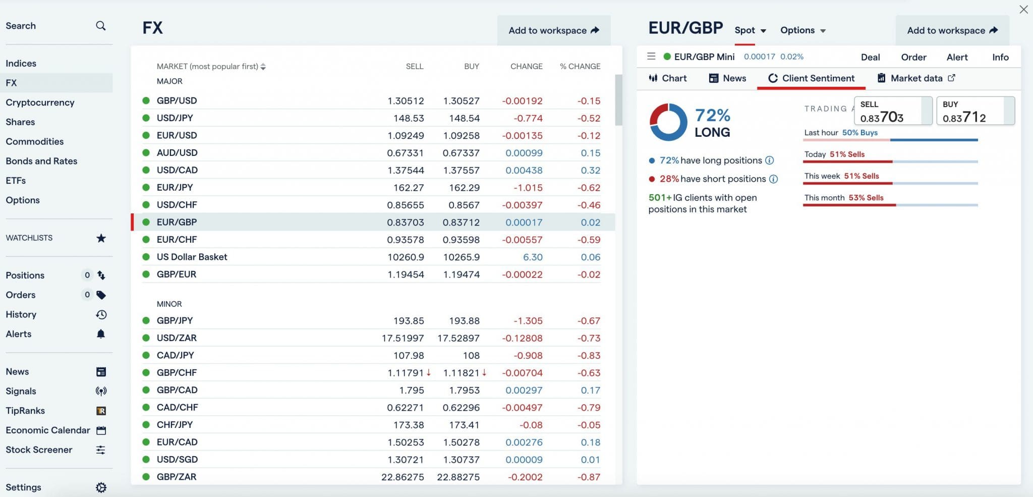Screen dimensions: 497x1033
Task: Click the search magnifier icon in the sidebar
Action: pos(101,26)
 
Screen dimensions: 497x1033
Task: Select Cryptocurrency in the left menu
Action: pos(40,102)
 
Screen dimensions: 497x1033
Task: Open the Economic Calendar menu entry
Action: pos(48,430)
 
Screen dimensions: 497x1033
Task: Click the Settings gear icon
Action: pos(101,487)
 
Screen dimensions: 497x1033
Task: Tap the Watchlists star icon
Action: pos(101,238)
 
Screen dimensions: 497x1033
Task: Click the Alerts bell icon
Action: pos(101,334)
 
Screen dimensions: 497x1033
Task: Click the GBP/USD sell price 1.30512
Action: pos(406,101)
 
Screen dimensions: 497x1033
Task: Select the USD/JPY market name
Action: pos(175,118)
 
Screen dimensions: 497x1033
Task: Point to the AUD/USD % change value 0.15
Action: pos(590,153)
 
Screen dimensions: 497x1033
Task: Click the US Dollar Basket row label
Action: pos(192,257)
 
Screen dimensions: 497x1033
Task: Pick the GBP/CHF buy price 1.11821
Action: pos(461,373)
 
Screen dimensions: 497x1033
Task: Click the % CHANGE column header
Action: pos(580,66)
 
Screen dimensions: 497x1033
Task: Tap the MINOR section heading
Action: pos(169,304)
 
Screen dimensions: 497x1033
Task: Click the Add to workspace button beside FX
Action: pos(553,30)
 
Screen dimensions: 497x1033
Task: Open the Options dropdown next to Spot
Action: pos(802,30)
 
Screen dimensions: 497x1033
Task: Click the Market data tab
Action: pos(916,78)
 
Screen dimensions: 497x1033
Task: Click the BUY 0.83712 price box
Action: pos(974,111)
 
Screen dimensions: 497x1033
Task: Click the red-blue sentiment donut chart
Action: pos(668,122)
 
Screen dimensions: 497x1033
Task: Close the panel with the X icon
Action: pos(1023,10)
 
